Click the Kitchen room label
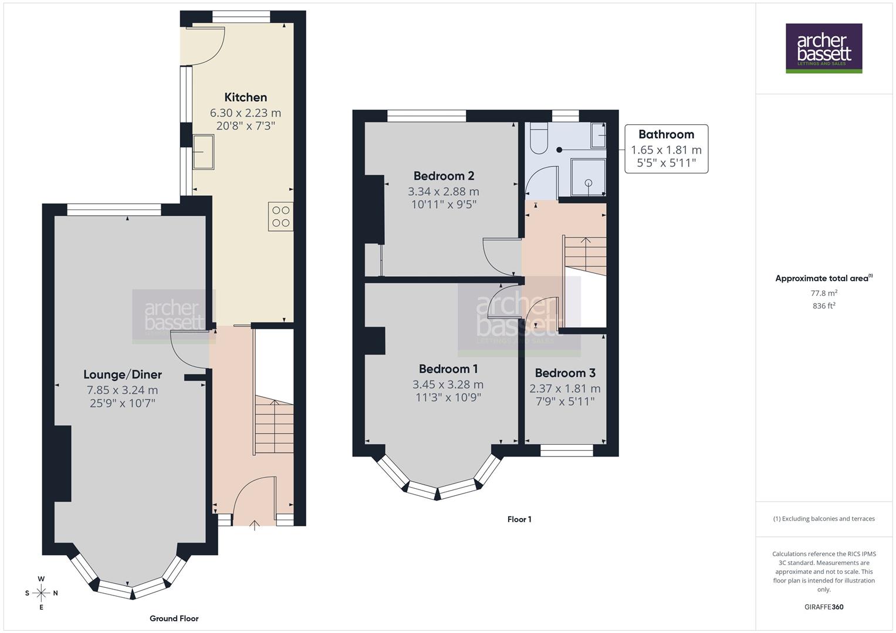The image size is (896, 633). coord(245,97)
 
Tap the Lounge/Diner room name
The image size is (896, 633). coord(122,375)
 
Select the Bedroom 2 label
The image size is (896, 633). coord(444,176)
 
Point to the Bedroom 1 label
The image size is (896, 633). coord(448,369)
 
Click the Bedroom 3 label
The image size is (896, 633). coord(564,373)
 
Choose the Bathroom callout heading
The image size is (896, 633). coord(666,134)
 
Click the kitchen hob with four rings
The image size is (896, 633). coord(280,216)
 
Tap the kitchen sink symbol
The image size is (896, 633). coord(204,151)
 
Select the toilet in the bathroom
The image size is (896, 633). coord(538,138)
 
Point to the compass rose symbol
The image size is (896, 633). coord(41,593)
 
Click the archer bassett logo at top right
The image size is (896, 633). coord(824,48)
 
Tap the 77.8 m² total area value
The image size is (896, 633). coord(824,293)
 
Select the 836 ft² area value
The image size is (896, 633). coord(824,305)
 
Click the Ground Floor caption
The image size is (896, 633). coord(174,618)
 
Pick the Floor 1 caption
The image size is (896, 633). coord(519,519)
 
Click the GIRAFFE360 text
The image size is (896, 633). coord(824,607)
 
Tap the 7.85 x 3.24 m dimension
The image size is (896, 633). coord(122,390)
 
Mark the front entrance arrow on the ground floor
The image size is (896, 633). coord(254,525)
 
